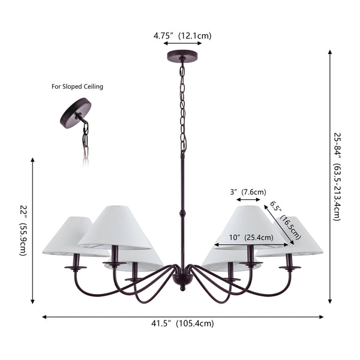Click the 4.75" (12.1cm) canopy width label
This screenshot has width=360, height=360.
click(x=182, y=36)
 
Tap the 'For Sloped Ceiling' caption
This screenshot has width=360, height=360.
click(x=77, y=86)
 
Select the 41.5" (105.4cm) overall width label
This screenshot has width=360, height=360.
click(x=182, y=323)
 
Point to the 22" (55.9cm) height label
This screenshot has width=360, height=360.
click(x=23, y=230)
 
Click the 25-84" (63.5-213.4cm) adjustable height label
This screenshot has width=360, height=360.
click(x=337, y=177)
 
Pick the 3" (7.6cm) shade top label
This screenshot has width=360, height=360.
click(x=248, y=192)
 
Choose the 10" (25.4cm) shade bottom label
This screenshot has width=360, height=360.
click(x=251, y=238)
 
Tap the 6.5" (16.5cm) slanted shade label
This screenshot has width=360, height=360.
click(x=286, y=220)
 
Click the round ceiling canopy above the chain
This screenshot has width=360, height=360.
click(x=182, y=56)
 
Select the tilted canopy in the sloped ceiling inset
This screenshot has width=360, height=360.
click(x=76, y=113)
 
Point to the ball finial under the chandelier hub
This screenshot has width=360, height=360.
click(x=182, y=287)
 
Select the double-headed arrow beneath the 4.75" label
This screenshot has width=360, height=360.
click(x=182, y=43)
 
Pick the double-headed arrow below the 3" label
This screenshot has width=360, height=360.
click(x=248, y=200)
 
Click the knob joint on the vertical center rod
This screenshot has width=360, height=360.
click(x=182, y=213)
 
